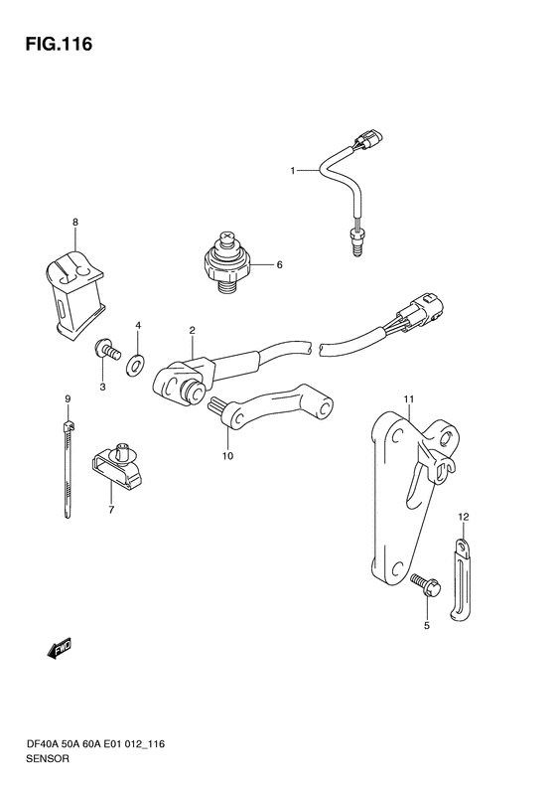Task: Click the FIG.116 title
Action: (60, 44)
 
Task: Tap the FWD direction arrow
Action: (60, 649)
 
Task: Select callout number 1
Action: (293, 171)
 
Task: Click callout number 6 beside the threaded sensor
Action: (279, 264)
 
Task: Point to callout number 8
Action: (75, 222)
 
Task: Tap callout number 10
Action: (227, 456)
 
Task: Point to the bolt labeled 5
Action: (426, 585)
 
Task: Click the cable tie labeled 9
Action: (68, 468)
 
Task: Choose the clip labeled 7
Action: (116, 465)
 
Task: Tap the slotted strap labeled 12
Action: (461, 581)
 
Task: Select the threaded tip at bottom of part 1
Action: (356, 242)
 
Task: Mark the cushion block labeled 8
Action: (74, 297)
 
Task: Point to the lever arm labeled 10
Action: (271, 412)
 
